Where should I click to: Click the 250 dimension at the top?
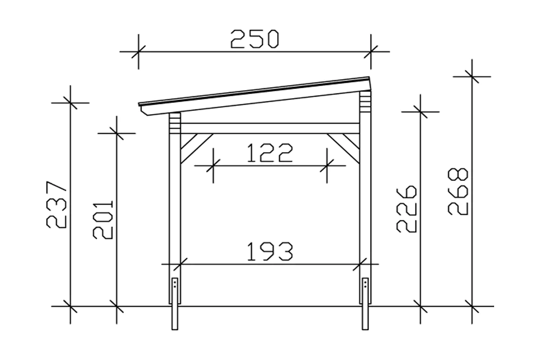(x=255, y=39)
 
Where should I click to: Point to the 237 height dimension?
(x=58, y=205)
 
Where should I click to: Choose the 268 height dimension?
(x=459, y=192)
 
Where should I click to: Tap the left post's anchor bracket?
(x=175, y=291)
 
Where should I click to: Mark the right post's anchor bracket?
(x=365, y=291)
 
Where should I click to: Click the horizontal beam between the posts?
(x=270, y=128)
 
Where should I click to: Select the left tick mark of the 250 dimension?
(x=138, y=52)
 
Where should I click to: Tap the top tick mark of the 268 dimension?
(x=472, y=76)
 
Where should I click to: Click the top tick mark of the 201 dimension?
(x=117, y=133)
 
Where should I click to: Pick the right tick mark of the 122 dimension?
(x=327, y=166)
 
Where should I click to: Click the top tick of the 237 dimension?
(x=70, y=103)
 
